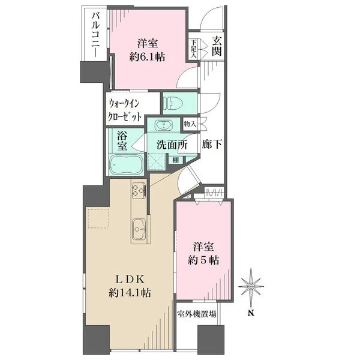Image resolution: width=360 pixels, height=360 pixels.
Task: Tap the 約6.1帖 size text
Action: click(147, 57)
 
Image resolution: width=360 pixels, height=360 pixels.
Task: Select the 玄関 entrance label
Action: click(217, 46)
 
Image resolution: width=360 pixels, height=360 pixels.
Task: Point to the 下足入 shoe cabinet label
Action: click(194, 49)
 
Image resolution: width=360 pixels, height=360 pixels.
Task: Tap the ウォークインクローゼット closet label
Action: click(125, 110)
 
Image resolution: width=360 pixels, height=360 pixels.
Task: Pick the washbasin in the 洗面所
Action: click(163, 125)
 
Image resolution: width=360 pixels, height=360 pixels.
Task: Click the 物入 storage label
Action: click(190, 124)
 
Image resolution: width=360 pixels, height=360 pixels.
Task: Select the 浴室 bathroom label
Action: click(122, 140)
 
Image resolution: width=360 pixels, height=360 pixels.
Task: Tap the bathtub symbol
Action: click(126, 164)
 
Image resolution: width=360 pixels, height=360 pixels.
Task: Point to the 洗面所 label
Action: click(172, 145)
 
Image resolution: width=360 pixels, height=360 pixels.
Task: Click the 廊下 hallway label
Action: click(212, 144)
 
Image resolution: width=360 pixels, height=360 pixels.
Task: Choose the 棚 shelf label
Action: click(176, 160)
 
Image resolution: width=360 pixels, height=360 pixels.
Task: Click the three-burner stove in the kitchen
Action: click(139, 190)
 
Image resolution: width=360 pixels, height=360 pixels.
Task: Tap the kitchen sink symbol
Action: click(139, 229)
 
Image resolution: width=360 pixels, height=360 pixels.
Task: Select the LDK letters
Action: click(130, 280)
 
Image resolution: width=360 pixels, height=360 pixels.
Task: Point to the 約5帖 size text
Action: click(203, 260)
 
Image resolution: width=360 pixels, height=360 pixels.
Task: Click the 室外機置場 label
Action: click(197, 314)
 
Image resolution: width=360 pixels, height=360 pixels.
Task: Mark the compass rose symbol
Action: click(251, 286)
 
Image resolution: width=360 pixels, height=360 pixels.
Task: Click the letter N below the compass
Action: click(251, 313)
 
